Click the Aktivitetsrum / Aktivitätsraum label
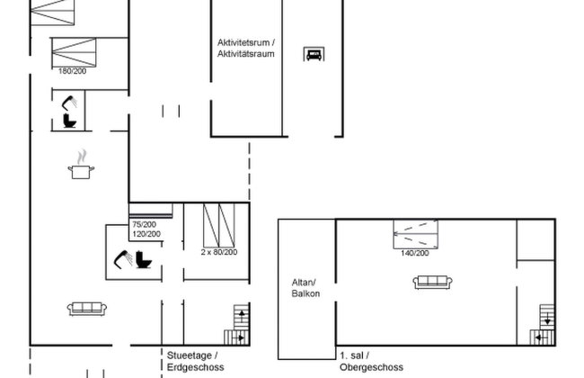pyautogui.click(x=246, y=48)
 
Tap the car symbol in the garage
pyautogui.click(x=314, y=54)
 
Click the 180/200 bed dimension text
pyautogui.click(x=72, y=71)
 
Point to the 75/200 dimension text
pyautogui.click(x=144, y=224)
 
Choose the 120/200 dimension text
pyautogui.click(x=146, y=234)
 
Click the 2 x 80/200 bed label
pyautogui.click(x=219, y=252)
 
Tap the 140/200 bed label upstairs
pyautogui.click(x=415, y=253)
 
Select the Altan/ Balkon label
pyautogui.click(x=305, y=288)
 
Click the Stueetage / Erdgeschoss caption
pyautogui.click(x=196, y=361)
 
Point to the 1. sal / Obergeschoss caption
pyautogui.click(x=371, y=361)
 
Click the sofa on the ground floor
pyautogui.click(x=87, y=309)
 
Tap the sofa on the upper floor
pyautogui.click(x=433, y=282)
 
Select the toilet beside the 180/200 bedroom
pyautogui.click(x=69, y=121)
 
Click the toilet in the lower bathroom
pyautogui.click(x=144, y=260)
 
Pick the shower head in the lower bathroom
pyautogui.click(x=123, y=259)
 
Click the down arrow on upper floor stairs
pyautogui.click(x=547, y=319)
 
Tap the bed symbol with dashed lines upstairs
pyautogui.click(x=416, y=234)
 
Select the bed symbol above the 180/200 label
pyautogui.click(x=74, y=52)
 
